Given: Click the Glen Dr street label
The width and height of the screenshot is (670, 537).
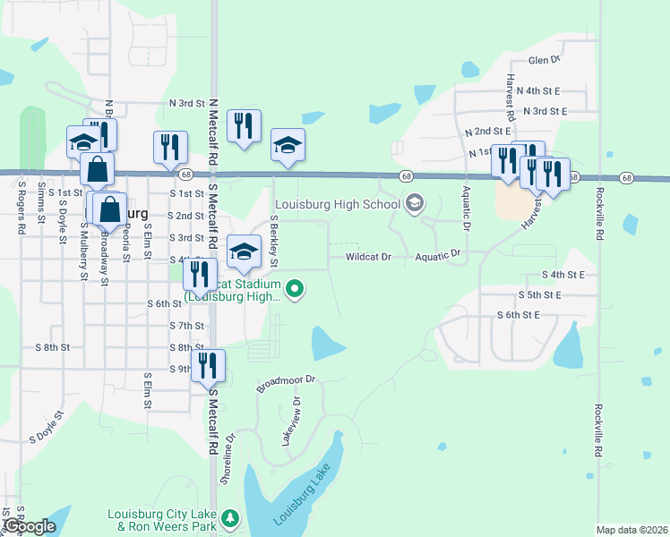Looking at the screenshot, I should [543, 60].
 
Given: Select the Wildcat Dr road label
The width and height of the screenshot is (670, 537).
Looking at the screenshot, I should [369, 257].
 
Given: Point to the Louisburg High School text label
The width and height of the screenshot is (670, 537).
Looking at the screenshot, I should [337, 204].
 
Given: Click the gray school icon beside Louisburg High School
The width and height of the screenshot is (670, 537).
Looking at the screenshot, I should [414, 204].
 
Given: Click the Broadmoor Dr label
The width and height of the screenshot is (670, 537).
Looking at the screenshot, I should [287, 384].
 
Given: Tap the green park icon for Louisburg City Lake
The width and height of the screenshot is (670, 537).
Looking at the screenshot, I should [230, 518].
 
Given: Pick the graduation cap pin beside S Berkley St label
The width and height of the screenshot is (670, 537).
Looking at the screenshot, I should [245, 251].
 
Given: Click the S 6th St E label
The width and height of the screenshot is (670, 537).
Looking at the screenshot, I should [519, 315].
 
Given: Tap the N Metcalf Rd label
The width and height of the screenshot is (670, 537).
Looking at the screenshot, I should [213, 134].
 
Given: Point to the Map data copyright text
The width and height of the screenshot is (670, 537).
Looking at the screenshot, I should [631, 530].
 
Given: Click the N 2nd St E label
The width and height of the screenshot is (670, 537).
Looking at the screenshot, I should [487, 132].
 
